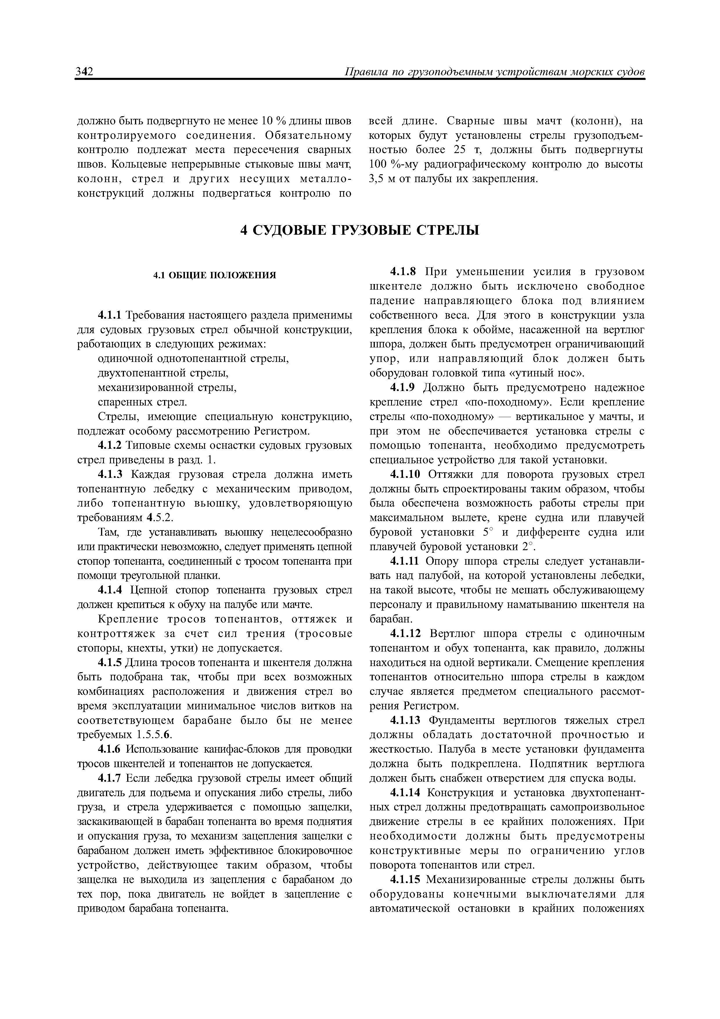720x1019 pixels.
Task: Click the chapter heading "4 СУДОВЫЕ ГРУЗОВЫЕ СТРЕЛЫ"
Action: (360, 230)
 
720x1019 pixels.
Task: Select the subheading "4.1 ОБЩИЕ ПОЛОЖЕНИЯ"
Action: (215, 275)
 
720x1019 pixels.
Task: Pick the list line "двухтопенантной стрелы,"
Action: (163, 373)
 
